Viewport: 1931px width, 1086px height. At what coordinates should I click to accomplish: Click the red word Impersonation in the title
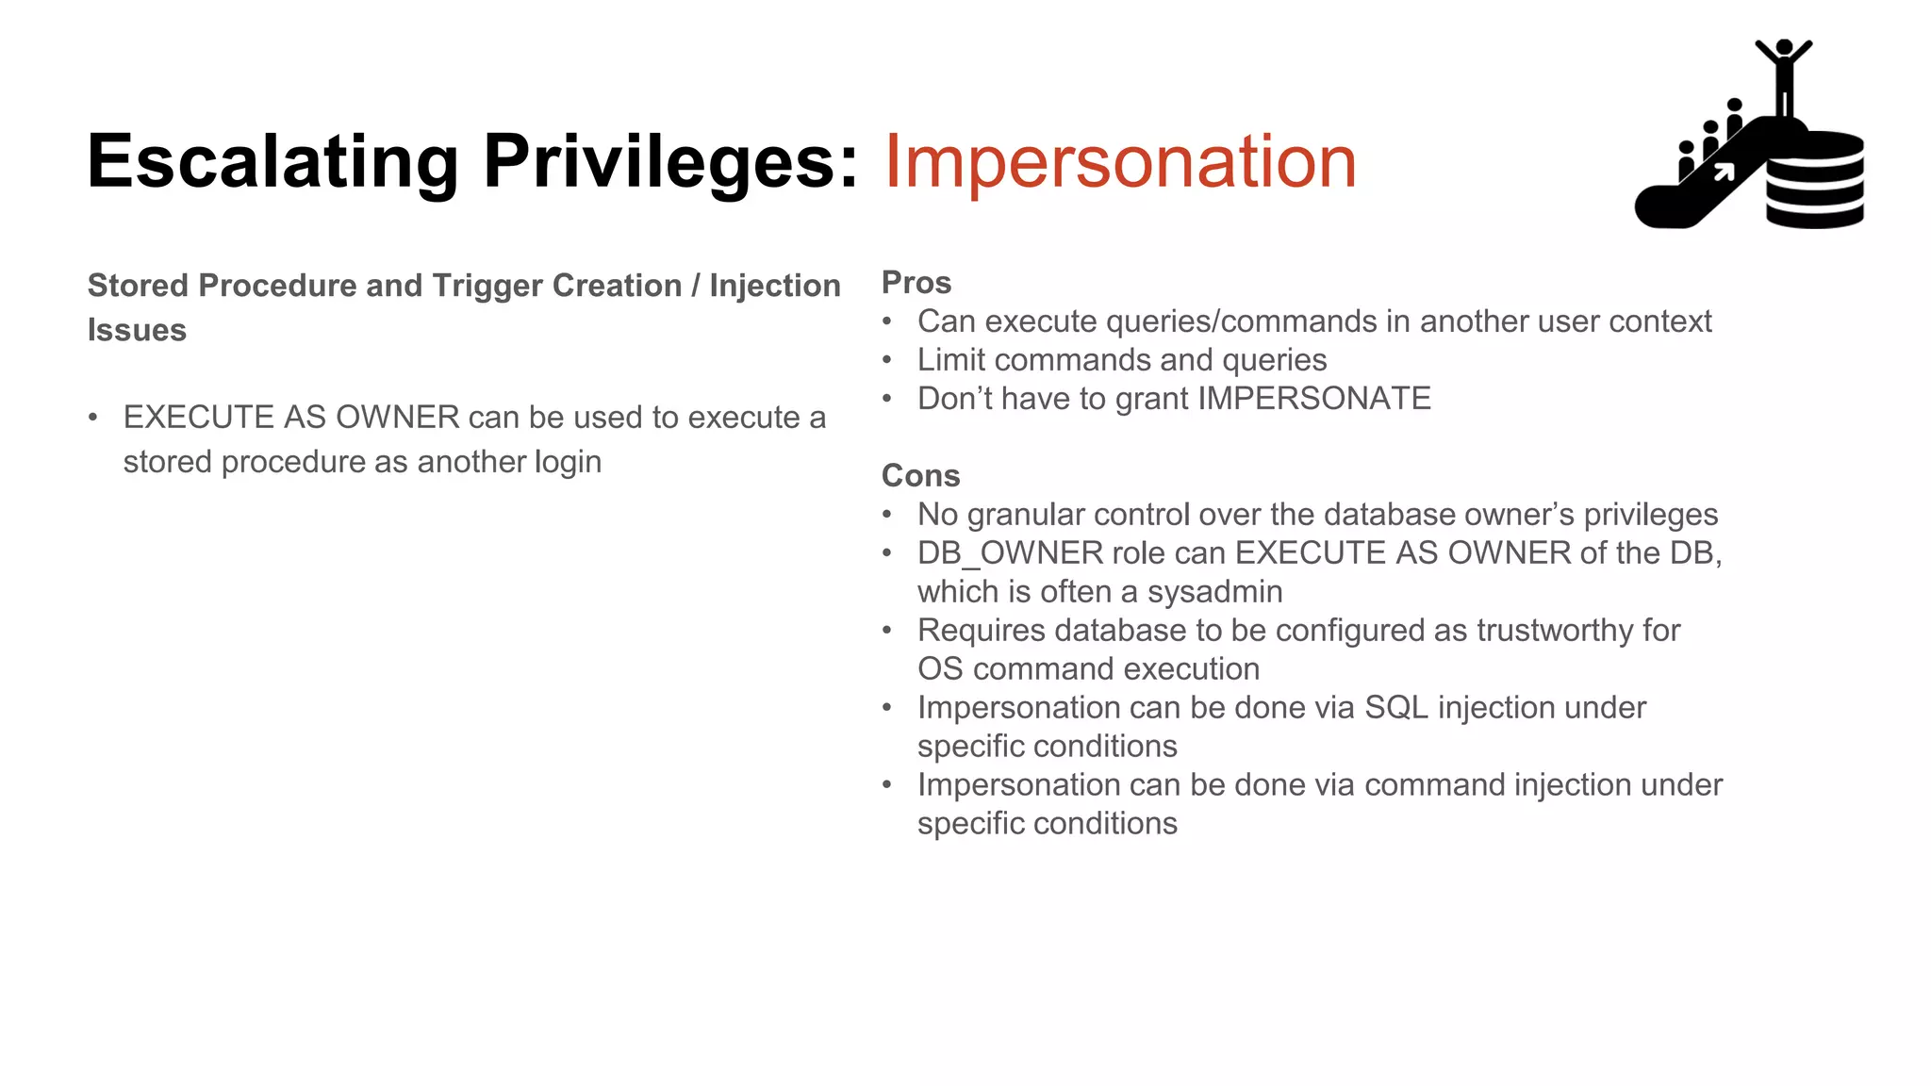click(x=1119, y=162)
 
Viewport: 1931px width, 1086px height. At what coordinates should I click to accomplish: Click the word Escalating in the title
click(x=272, y=162)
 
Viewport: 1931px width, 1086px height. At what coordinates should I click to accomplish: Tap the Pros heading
click(x=916, y=283)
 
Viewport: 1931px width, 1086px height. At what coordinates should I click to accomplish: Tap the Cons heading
click(x=920, y=476)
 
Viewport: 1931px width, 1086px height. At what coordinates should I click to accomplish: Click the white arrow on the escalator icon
click(x=1724, y=172)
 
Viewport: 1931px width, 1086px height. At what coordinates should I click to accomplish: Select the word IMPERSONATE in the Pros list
click(x=1314, y=399)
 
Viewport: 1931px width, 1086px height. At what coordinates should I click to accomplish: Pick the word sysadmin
click(x=1214, y=592)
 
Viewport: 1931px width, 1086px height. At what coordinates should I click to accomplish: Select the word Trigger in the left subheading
click(x=487, y=286)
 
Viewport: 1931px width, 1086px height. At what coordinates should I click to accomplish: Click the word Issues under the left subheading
click(x=137, y=331)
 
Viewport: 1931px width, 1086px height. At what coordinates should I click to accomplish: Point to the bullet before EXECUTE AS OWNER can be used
click(x=92, y=418)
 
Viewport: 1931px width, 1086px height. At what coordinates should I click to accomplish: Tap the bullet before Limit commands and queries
click(x=886, y=360)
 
